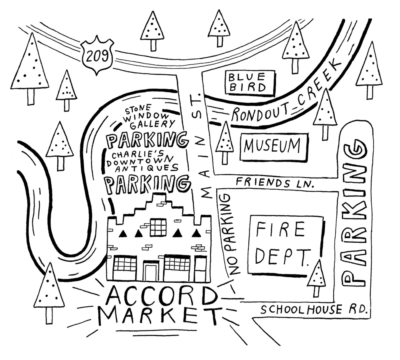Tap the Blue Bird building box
(x=250, y=82)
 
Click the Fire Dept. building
(x=284, y=245)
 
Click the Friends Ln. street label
(x=274, y=183)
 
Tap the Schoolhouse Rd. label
(x=313, y=309)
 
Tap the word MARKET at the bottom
(x=159, y=317)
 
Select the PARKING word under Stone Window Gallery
(x=147, y=140)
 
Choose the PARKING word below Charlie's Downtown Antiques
(x=147, y=184)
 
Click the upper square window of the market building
(x=158, y=227)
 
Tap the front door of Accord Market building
(x=151, y=271)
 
